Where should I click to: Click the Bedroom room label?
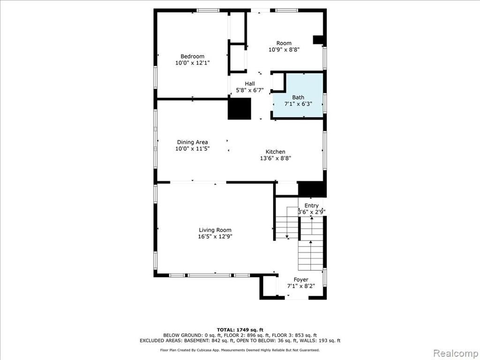192,56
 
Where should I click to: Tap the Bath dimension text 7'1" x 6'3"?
298,104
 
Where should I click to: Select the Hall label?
250,83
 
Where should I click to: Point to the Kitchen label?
275,151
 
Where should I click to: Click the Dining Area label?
192,142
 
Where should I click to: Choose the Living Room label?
215,230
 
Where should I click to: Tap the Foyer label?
301,279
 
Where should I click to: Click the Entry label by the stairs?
311,205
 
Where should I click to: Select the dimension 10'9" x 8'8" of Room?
284,50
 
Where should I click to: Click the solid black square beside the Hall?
240,108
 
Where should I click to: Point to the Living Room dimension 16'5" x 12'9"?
215,236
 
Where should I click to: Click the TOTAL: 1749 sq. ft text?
240,330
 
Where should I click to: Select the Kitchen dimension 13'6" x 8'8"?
275,158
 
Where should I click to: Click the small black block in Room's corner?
318,41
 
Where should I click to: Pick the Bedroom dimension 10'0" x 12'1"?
192,63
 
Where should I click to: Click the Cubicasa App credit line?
240,350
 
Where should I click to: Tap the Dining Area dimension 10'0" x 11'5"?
192,149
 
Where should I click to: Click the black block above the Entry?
312,189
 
